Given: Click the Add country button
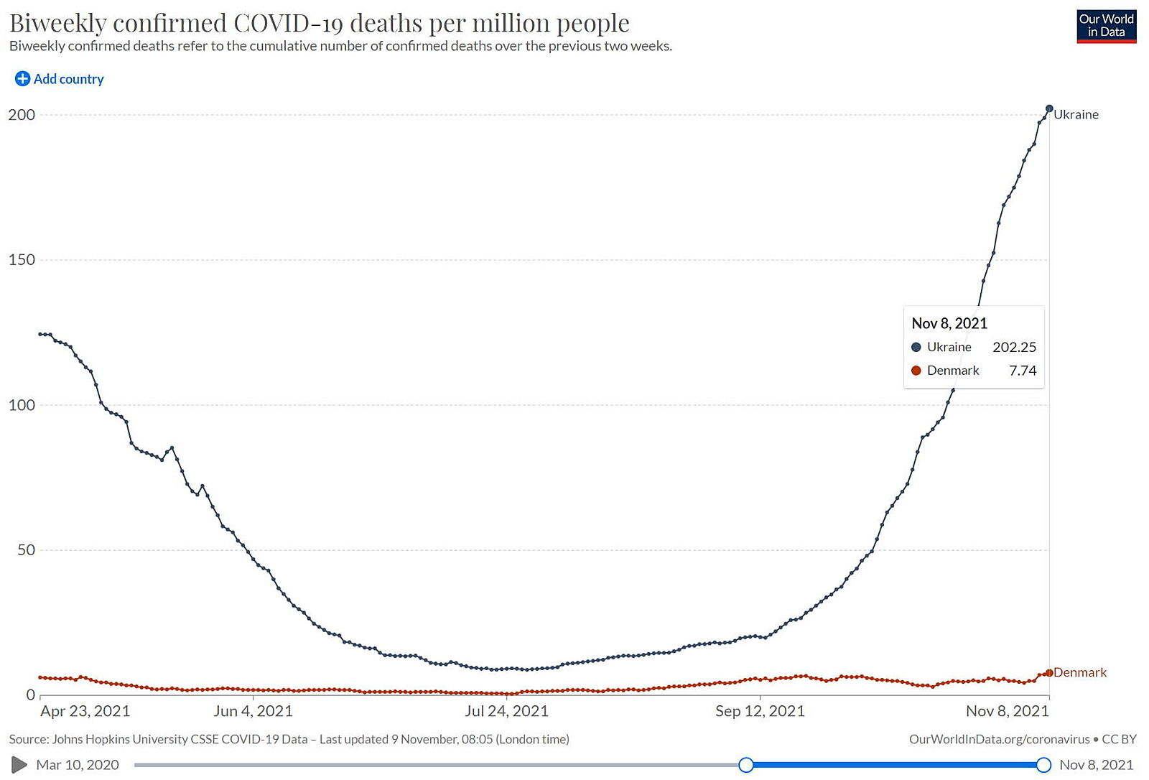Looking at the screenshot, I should [x=60, y=79].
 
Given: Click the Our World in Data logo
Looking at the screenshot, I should [x=1106, y=26].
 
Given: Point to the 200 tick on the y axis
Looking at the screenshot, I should [x=22, y=115].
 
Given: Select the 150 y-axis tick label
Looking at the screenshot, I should [x=22, y=260].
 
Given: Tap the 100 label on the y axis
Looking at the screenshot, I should [x=22, y=405].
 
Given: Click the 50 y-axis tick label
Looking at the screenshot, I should [x=26, y=550].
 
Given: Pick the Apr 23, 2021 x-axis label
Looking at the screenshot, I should [x=85, y=711].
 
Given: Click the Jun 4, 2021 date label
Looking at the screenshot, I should [x=253, y=711].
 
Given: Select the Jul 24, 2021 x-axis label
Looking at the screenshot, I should [x=506, y=711].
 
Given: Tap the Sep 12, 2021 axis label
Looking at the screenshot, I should [x=760, y=711].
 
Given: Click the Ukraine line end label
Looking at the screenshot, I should [x=1076, y=114].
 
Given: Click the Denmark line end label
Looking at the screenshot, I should [x=1080, y=672].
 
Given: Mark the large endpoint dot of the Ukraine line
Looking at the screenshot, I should [x=1049, y=108].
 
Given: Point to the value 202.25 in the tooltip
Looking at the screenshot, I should [x=1014, y=347].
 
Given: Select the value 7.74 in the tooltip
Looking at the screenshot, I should [x=1023, y=371].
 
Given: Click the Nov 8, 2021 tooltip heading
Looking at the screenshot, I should [x=949, y=323].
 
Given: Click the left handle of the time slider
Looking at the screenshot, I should [x=746, y=765].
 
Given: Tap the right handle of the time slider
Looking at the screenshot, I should [x=1044, y=765].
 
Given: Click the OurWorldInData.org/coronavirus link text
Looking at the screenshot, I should [x=999, y=739].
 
